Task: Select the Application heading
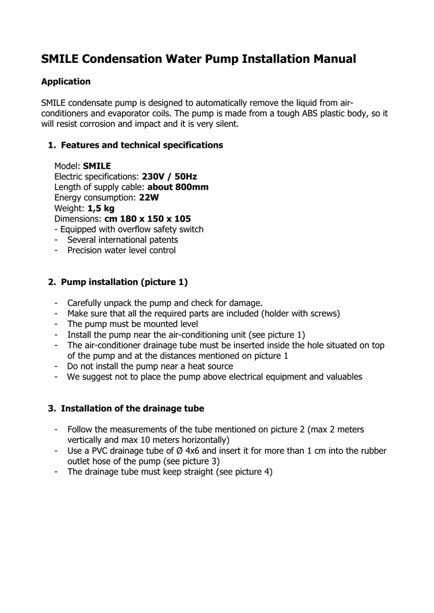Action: [x=65, y=81]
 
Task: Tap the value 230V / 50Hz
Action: [x=169, y=177]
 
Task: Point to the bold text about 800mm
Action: [x=178, y=187]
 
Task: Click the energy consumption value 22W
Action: [x=149, y=198]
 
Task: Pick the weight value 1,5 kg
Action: [x=100, y=208]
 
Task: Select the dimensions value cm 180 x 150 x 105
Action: [x=147, y=219]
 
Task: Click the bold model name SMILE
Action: [x=97, y=166]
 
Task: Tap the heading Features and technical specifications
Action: [x=142, y=145]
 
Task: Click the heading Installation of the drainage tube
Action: [x=132, y=408]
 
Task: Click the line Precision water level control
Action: [x=122, y=250]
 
